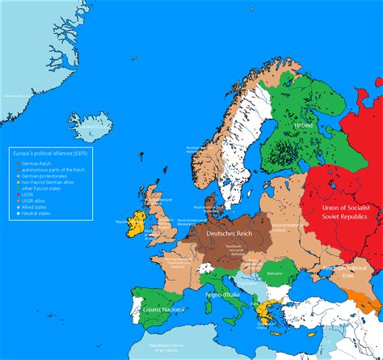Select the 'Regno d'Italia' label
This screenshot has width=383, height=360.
coord(228,297)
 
